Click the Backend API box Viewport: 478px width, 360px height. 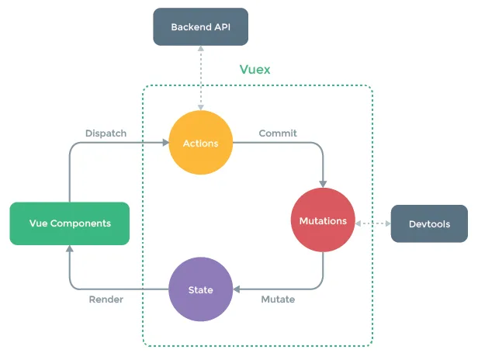200,27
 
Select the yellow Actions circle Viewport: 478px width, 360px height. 200,143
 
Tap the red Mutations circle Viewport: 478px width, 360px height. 323,221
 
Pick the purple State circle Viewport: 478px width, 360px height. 200,290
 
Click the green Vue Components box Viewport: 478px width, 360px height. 70,223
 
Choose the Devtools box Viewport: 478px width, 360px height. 428,224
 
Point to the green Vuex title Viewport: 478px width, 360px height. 255,69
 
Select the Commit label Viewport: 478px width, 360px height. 278,133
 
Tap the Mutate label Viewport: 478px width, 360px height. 278,299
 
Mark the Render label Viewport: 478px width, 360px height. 106,299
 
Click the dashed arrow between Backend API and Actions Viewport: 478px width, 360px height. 200,78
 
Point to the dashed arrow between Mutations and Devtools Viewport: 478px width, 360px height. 372,223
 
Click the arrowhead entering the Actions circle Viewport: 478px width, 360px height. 165,143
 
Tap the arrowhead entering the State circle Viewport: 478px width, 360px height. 237,290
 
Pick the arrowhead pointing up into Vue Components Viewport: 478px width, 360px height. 70,248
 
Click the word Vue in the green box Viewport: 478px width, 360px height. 39,223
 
